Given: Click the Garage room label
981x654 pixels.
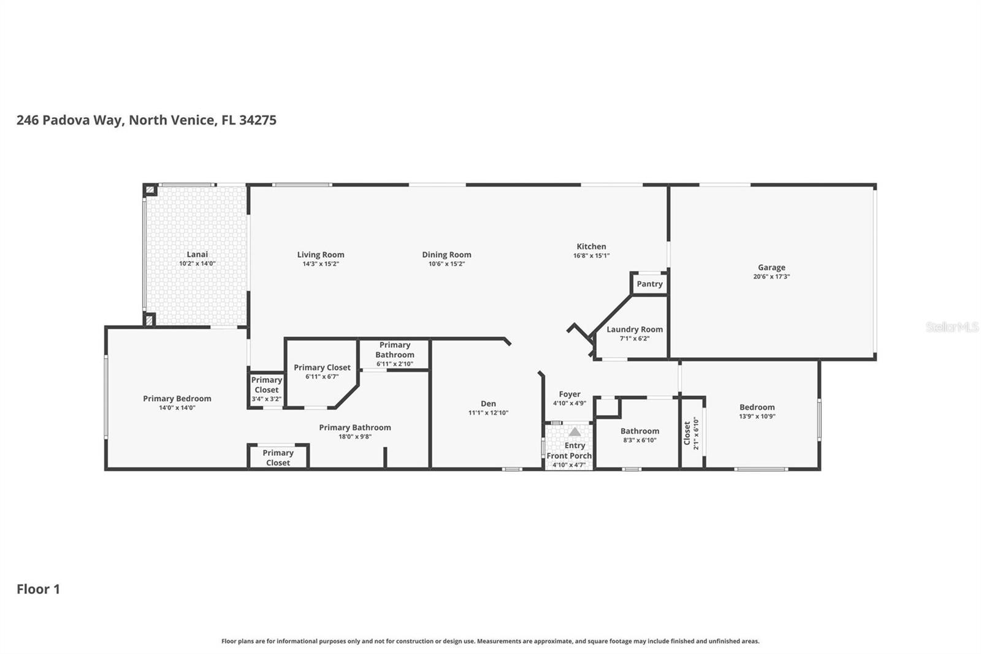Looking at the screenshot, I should (771, 267).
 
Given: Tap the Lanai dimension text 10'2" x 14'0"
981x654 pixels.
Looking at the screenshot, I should (197, 264).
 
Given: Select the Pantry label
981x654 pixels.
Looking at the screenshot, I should (649, 284).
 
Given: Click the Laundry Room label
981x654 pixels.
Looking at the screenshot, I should (635, 329).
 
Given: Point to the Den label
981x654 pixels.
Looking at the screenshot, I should (488, 404).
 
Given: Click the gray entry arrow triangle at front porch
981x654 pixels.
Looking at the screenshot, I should (574, 432).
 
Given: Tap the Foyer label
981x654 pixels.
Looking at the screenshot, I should (570, 394).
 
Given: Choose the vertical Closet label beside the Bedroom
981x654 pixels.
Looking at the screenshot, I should (687, 433).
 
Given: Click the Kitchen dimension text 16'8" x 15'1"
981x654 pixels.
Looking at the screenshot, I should (591, 256).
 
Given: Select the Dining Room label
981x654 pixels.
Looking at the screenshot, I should (446, 255).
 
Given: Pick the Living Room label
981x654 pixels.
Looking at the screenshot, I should (321, 255).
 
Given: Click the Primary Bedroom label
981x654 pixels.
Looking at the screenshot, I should (177, 399).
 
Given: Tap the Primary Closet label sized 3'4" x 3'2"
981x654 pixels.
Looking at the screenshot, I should (267, 385).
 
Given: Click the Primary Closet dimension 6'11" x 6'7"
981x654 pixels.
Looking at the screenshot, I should (322, 377).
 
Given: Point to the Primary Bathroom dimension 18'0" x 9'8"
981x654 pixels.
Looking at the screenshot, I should (355, 437).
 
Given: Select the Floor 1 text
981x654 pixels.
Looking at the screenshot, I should (38, 589).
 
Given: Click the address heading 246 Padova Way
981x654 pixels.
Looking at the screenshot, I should (146, 120).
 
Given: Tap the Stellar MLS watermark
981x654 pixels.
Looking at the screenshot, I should (952, 327).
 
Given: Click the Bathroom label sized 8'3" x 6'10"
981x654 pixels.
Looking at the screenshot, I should (639, 431).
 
